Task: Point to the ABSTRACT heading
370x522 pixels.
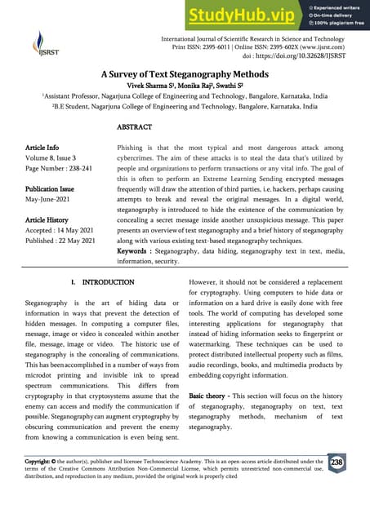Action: (x=134, y=128)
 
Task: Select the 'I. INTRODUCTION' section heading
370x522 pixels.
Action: (x=101, y=282)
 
